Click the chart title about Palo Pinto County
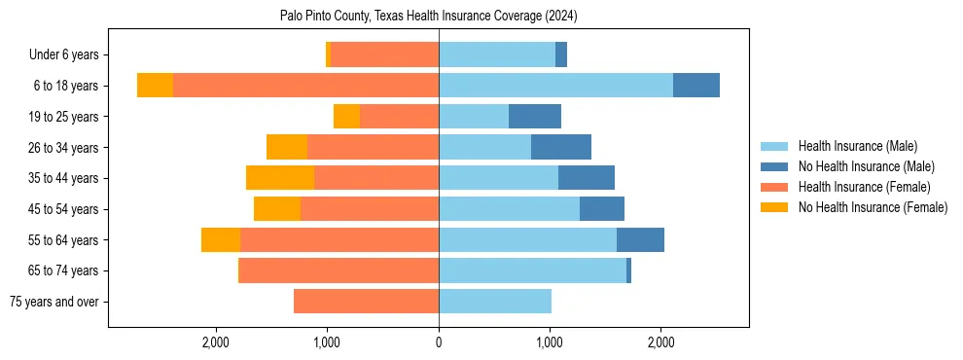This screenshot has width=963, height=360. click(429, 17)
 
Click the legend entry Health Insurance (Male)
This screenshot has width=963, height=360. click(857, 146)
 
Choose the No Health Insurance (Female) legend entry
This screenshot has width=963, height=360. click(873, 207)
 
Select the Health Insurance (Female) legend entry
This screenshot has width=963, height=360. click(864, 187)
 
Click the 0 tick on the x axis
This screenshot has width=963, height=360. click(439, 342)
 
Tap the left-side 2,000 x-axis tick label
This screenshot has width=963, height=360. click(216, 342)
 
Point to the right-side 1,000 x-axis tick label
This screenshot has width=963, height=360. click(550, 342)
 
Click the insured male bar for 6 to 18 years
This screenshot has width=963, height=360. click(555, 86)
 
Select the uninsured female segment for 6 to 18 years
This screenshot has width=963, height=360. click(155, 86)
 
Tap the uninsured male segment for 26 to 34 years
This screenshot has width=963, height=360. click(561, 147)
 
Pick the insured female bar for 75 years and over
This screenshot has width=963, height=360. click(366, 302)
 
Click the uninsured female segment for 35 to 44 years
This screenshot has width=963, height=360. click(280, 178)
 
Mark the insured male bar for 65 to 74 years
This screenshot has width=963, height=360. click(532, 270)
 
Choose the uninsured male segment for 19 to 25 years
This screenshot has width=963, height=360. click(535, 117)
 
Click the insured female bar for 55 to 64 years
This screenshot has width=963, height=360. click(339, 239)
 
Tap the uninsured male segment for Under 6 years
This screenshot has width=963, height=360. click(561, 55)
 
